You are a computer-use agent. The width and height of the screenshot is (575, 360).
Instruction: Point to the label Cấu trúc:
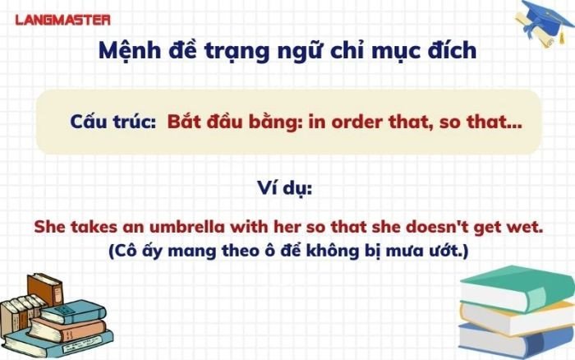113,122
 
